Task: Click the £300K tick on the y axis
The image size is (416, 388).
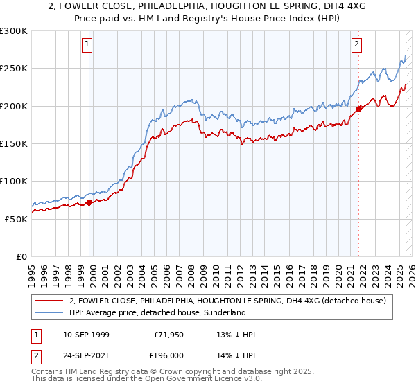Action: [x=14, y=31]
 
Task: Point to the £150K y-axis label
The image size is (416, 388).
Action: [x=14, y=143]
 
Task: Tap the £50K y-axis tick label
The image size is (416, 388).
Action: [x=16, y=218]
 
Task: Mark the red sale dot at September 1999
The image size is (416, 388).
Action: [x=89, y=203]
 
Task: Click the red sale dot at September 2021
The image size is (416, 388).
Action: [x=359, y=109]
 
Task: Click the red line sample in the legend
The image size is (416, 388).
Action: [x=48, y=301]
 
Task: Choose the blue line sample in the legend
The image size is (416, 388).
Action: [x=48, y=312]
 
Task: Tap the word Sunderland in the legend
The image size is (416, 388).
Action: [x=224, y=312]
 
